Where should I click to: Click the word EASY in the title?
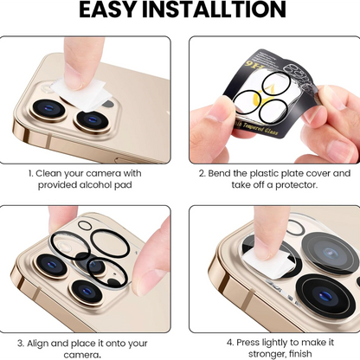tap(108, 10)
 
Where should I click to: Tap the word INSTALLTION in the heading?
tap(214, 10)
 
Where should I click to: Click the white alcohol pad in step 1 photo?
tap(80, 92)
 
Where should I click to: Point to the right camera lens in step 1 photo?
tap(92, 120)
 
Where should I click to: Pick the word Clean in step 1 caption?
tap(48, 173)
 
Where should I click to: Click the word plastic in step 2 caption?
tap(264, 174)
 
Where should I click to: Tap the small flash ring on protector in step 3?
tap(85, 225)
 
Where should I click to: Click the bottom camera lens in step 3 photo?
tap(87, 292)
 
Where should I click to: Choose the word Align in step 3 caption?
tap(38, 344)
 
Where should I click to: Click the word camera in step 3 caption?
tap(81, 355)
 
